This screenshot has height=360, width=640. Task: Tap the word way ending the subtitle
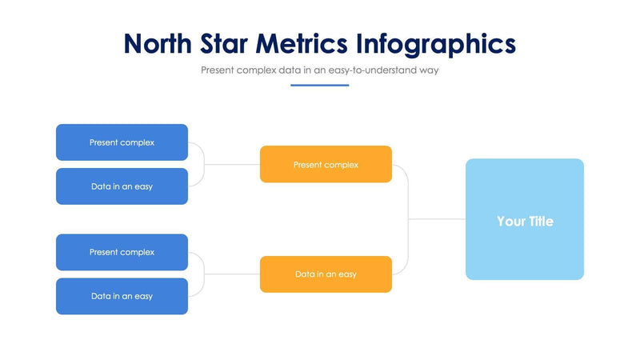tap(428, 70)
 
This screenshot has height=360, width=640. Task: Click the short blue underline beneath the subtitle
tap(319, 85)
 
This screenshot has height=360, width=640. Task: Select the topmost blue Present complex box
tap(122, 142)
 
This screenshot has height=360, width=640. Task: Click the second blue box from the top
tap(122, 186)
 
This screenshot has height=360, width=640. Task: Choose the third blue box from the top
tap(122, 252)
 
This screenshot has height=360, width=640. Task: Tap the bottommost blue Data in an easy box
tap(122, 296)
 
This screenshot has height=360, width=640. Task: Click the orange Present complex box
tap(326, 165)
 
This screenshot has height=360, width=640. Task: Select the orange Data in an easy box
tap(326, 274)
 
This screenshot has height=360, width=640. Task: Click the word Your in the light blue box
tap(510, 222)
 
